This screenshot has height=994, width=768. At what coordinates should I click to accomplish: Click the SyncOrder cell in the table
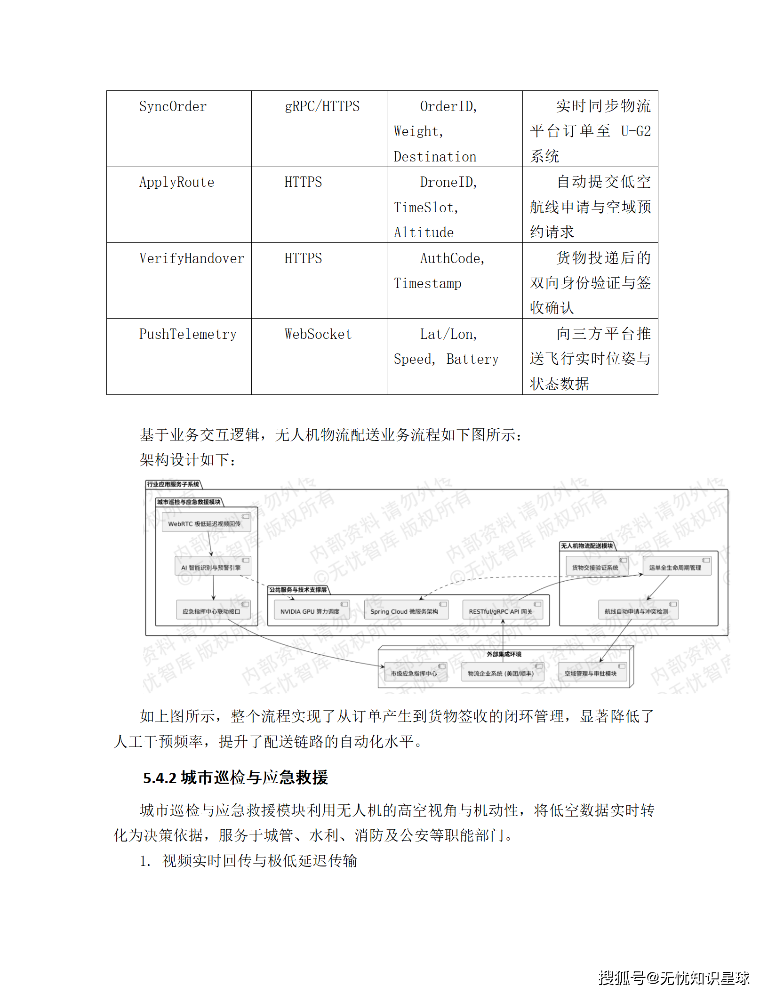(x=173, y=107)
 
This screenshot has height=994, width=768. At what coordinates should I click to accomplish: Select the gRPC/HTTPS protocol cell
(x=322, y=107)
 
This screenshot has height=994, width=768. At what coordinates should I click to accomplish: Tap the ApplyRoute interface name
(x=176, y=183)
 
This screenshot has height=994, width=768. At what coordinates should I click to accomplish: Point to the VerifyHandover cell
(x=192, y=258)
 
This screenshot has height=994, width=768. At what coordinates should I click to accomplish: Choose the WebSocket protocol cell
(x=318, y=334)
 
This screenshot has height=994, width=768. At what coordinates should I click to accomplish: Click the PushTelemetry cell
(x=188, y=334)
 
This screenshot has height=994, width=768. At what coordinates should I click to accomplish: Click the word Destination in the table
(x=435, y=157)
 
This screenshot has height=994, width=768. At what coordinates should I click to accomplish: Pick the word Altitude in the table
(x=424, y=232)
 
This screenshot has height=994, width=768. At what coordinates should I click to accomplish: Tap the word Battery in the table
(x=472, y=359)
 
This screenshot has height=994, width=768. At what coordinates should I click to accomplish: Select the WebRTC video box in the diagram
(x=206, y=523)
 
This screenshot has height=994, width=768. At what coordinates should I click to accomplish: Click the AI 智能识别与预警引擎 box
(x=213, y=567)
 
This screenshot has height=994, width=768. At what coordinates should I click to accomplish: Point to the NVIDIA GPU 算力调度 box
(x=311, y=611)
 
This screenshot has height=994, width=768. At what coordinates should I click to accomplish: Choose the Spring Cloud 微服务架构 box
(x=405, y=611)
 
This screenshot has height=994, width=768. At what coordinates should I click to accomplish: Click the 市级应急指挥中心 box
(x=414, y=673)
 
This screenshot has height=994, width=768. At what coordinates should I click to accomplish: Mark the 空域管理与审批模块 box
(x=592, y=673)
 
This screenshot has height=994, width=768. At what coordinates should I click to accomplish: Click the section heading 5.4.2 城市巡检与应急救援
(x=235, y=778)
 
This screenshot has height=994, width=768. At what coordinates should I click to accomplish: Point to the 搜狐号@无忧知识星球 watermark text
(x=673, y=978)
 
